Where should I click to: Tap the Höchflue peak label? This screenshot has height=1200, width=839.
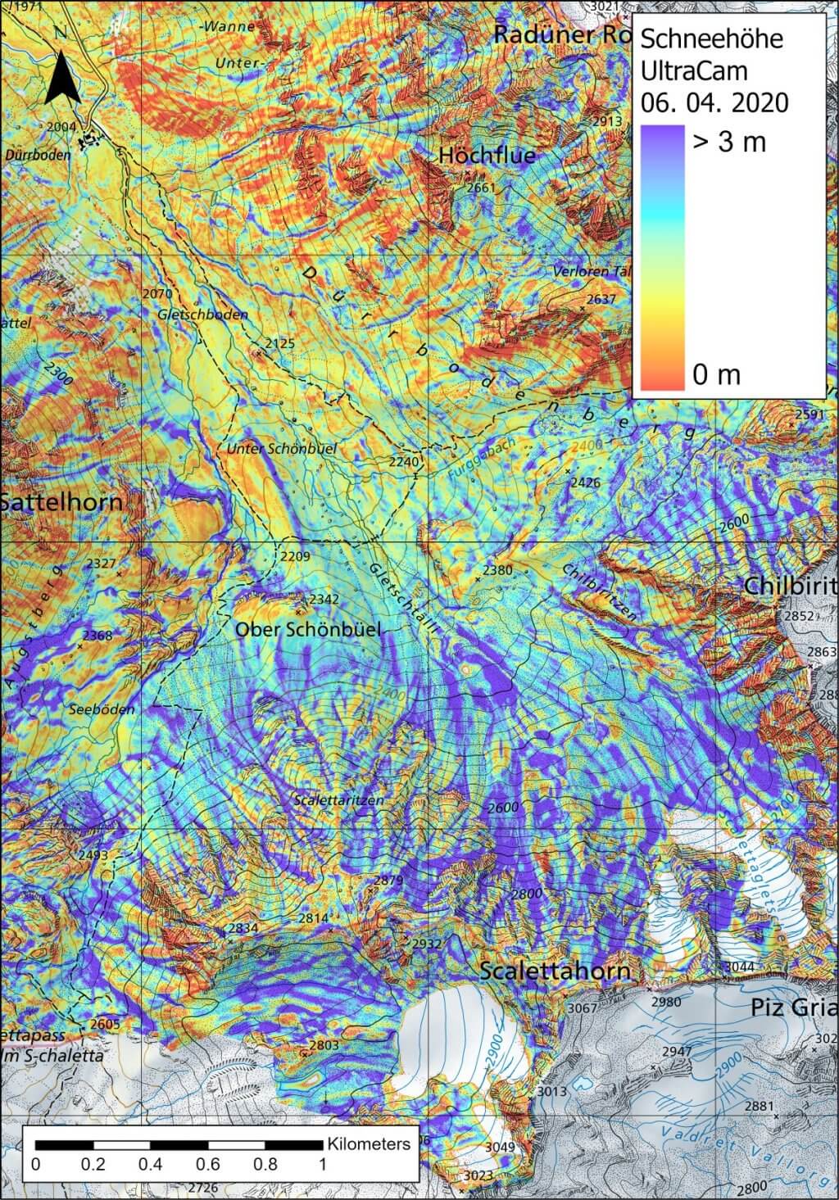click(x=487, y=155)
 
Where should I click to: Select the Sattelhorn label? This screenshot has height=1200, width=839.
click(x=61, y=502)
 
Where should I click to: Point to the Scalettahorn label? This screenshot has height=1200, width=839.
click(x=555, y=971)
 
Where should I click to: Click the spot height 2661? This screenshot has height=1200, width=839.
click(x=481, y=188)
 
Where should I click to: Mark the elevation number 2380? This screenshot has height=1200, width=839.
click(x=497, y=570)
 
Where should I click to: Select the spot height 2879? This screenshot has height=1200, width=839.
click(x=388, y=881)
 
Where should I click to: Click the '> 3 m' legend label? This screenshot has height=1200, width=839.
click(x=729, y=142)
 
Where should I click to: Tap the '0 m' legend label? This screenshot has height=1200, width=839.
click(x=716, y=375)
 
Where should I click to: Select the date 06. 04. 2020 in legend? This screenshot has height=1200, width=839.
click(x=714, y=102)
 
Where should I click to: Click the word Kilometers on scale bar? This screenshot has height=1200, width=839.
click(x=369, y=1143)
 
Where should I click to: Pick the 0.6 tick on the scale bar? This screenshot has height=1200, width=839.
click(x=208, y=1164)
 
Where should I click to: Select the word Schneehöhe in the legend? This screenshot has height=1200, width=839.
click(x=710, y=38)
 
